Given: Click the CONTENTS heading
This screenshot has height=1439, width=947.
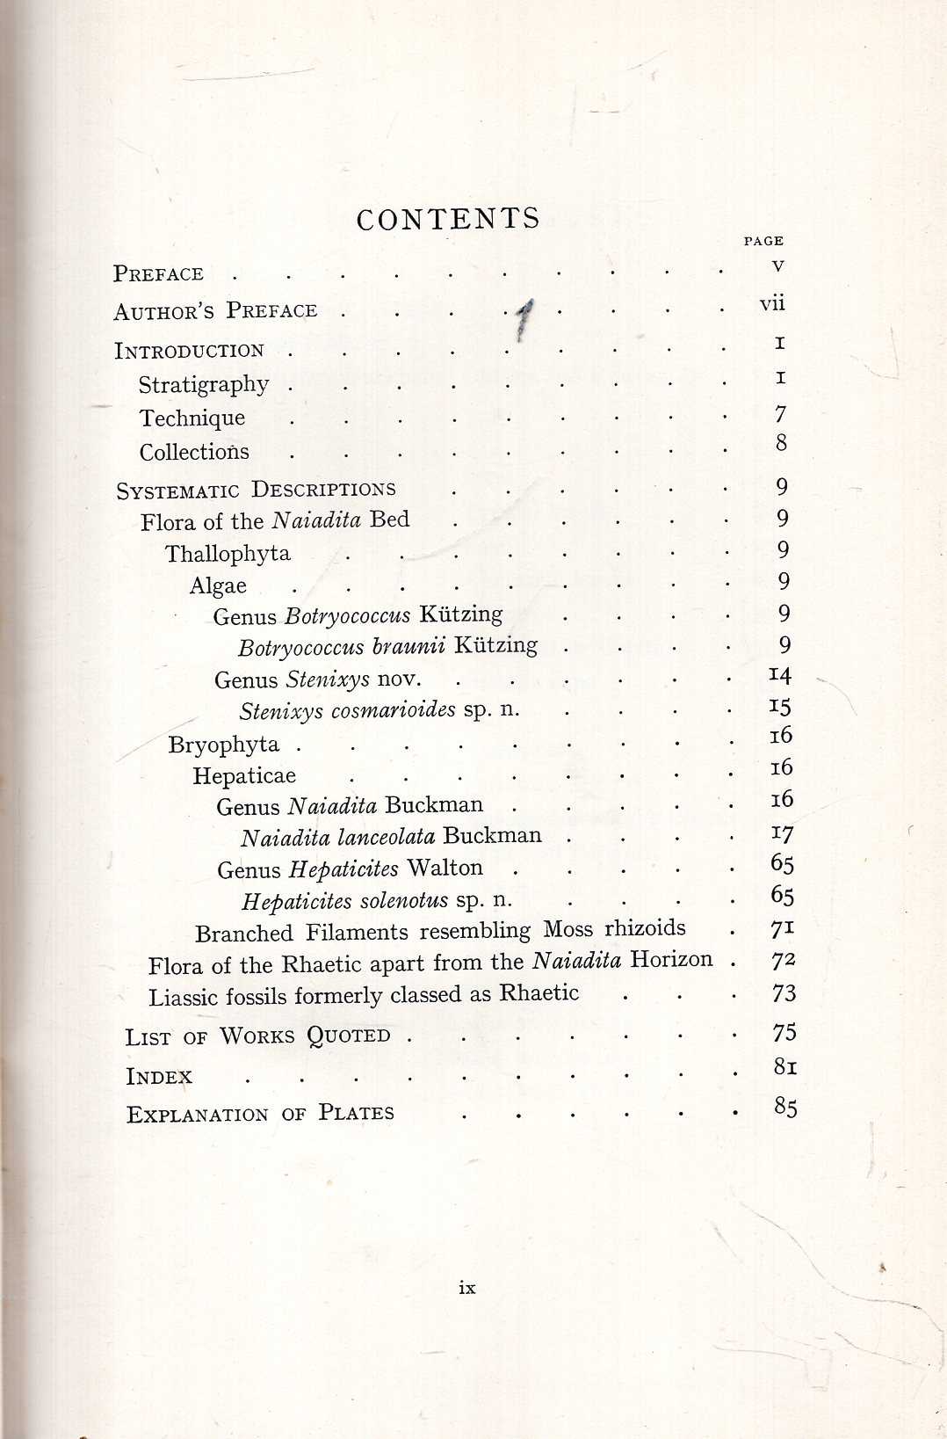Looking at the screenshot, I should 448,220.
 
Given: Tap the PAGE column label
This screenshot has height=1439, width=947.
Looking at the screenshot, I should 763,241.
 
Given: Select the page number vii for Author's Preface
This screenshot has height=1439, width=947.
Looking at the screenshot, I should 772,304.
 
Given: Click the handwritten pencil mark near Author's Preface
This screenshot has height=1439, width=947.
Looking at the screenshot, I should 524,319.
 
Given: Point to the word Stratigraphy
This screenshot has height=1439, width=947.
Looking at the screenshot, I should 204,385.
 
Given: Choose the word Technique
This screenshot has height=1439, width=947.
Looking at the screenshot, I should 192,418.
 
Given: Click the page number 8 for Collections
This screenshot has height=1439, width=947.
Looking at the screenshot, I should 781,443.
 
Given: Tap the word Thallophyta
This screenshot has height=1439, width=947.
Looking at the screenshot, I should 228,554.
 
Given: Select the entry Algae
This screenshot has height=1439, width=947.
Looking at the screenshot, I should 218,586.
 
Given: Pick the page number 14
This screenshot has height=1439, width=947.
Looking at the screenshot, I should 779,675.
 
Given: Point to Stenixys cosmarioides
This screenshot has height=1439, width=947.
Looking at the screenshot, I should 348,710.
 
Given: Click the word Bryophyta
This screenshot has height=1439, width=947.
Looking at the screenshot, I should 224,745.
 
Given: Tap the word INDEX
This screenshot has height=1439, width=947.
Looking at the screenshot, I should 159,1077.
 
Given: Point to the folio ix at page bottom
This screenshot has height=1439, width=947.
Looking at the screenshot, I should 467,1288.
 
